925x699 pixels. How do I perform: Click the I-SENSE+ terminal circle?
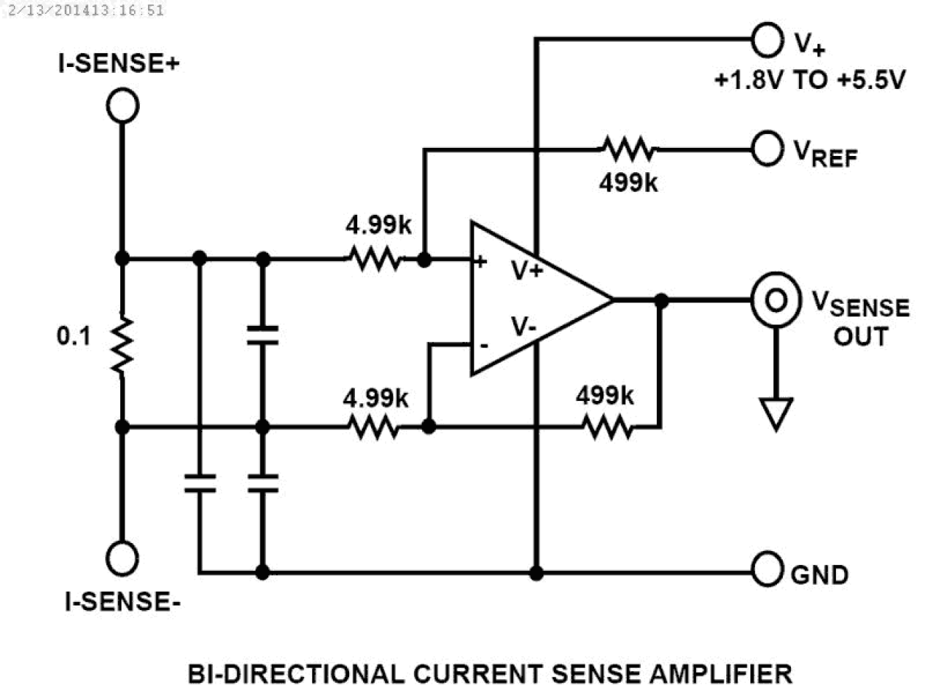coord(122,106)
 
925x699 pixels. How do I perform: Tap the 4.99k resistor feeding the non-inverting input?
coord(373,259)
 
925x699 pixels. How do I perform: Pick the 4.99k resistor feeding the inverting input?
coord(373,427)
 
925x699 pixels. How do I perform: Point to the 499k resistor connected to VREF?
coord(627,149)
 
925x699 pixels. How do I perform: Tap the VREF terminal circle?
coord(767,149)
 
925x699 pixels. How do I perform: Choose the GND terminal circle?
coord(767,572)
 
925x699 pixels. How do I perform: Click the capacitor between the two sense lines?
coord(262,336)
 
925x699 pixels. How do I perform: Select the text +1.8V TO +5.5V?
coord(808,82)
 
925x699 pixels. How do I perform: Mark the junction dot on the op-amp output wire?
coord(661,300)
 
